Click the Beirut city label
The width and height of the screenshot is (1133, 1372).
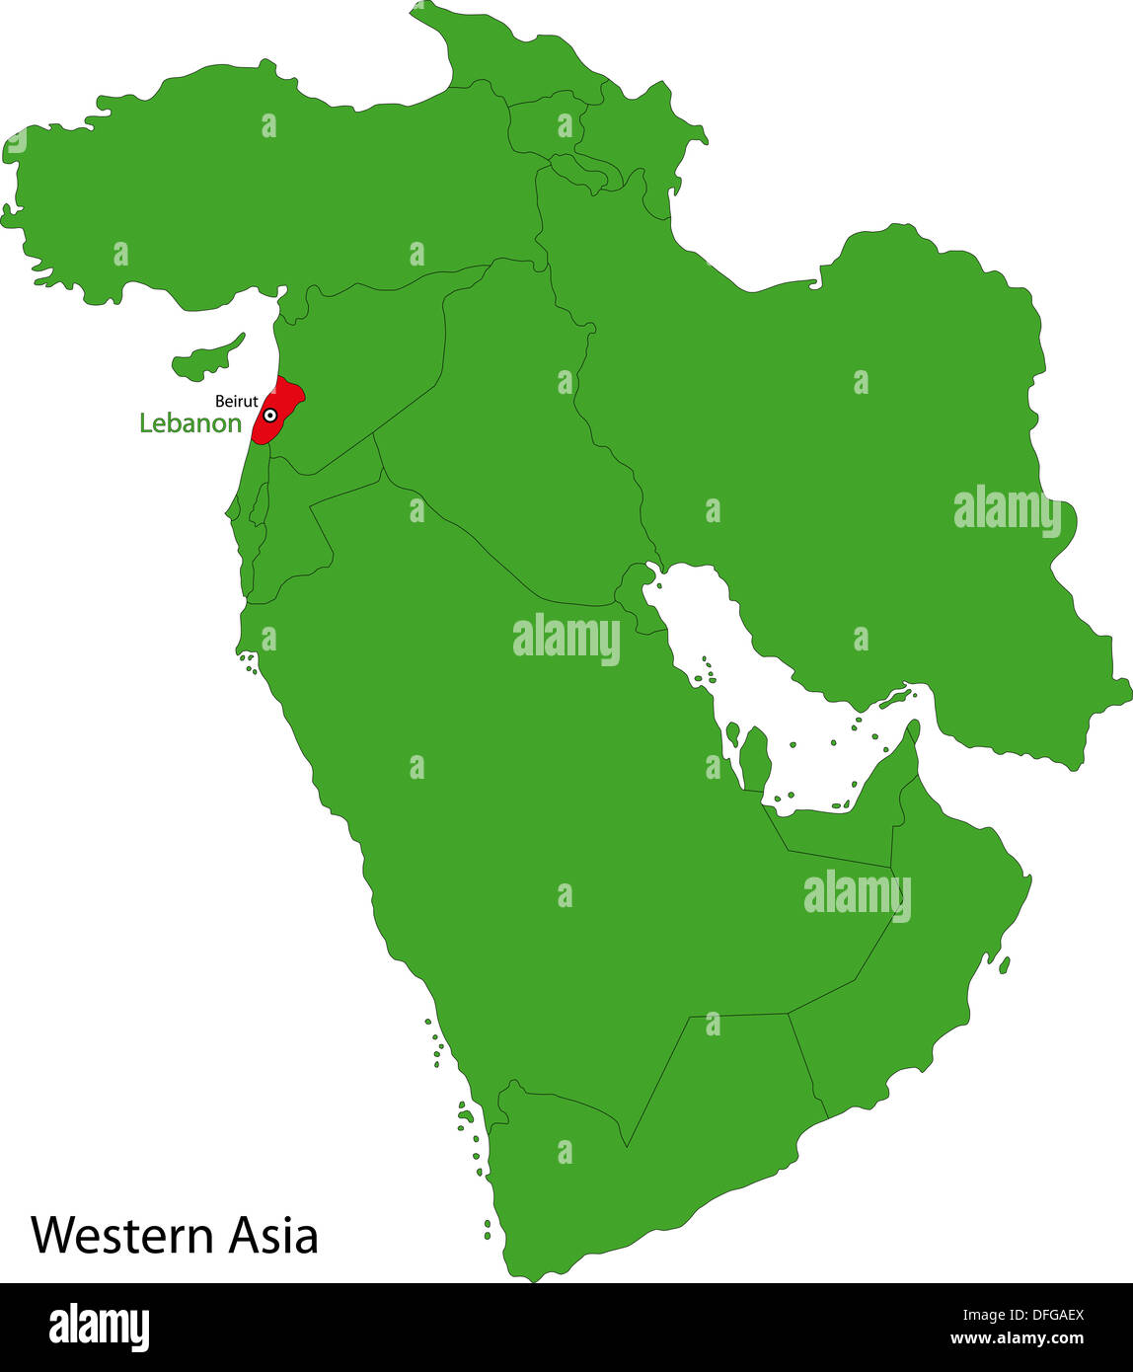point(237,402)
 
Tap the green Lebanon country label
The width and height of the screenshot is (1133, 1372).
point(190,423)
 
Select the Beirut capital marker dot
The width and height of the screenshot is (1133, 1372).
point(269,416)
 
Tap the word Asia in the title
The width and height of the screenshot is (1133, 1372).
point(273,1235)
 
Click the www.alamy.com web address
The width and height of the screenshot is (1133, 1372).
point(1017,1339)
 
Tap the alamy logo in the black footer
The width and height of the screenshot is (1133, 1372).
point(99,1328)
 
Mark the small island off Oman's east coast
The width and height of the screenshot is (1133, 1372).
point(1004,964)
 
